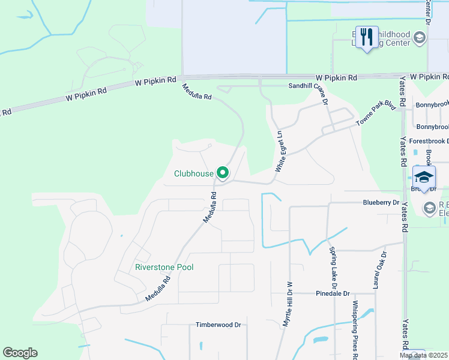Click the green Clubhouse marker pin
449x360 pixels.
(223, 173)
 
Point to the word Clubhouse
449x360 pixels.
(194, 174)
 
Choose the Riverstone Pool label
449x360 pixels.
(164, 267)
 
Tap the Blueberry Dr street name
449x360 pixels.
(381, 203)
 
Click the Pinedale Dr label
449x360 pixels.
(333, 293)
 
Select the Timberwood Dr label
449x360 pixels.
(218, 325)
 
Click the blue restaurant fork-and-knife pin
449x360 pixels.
(366, 37)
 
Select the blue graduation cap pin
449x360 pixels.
(424, 177)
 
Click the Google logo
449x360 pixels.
(20, 353)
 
